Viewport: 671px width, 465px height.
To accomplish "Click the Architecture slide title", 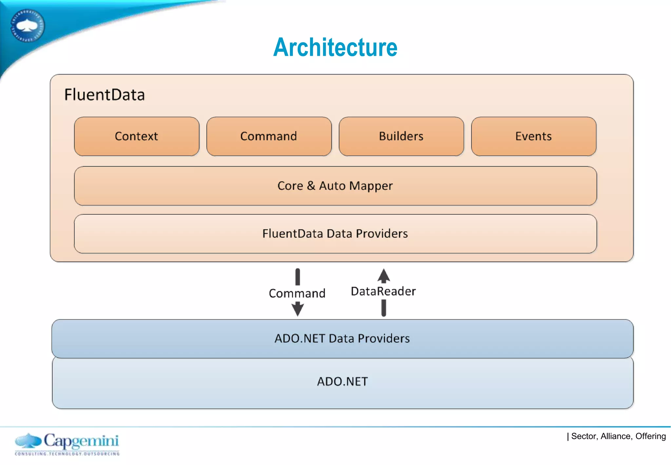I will point(335,47).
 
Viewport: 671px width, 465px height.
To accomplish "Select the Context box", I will point(137,136).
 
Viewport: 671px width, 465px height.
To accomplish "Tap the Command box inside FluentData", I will point(269,136).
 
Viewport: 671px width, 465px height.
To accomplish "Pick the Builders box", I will point(401,136).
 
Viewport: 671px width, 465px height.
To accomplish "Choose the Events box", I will point(533,136).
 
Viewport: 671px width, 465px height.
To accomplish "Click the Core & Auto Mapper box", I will point(335,186).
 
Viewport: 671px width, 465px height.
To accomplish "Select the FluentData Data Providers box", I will point(335,233).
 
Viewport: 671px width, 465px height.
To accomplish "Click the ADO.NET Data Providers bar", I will point(342,338).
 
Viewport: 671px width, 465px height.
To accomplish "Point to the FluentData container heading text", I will point(105,95).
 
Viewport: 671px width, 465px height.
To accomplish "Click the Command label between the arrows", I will point(297,293).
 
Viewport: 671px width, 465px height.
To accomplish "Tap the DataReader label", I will point(383,291).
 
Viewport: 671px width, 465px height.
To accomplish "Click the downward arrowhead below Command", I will point(297,309).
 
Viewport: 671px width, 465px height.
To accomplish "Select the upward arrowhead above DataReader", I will point(384,275).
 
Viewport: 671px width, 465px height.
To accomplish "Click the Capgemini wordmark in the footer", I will point(81,441).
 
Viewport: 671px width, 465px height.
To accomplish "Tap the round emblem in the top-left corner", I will point(28,26).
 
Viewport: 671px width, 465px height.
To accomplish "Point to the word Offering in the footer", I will point(650,436).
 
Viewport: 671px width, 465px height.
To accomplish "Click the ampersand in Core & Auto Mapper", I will point(311,186).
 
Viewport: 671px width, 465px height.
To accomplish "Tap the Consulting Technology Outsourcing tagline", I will point(67,454).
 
